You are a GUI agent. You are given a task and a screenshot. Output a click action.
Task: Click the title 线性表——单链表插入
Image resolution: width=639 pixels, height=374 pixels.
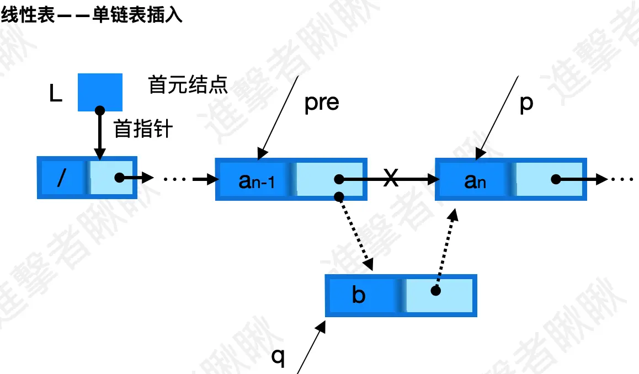point(92,16)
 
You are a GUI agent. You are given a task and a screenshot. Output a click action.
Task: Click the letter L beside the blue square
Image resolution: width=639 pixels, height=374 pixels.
point(55,95)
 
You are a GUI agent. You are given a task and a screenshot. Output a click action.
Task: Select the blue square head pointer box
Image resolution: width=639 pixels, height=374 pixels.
point(100,92)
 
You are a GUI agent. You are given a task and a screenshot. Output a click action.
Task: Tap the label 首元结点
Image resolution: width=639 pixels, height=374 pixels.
point(188,86)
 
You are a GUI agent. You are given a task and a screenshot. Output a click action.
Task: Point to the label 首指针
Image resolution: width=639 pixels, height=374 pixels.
point(143,130)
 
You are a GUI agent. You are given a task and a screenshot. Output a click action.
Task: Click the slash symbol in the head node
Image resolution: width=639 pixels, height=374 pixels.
point(62,179)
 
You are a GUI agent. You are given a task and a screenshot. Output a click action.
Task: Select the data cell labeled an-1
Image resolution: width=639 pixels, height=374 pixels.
point(256,179)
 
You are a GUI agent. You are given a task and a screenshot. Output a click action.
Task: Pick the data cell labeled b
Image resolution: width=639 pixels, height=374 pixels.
point(359,296)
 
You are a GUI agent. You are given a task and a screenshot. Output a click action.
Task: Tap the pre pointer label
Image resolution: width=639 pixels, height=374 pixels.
point(322,103)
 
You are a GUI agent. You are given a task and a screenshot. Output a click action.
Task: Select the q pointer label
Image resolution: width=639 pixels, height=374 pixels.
point(278,357)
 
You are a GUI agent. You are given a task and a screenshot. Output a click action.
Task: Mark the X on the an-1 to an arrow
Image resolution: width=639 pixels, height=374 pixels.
point(391,179)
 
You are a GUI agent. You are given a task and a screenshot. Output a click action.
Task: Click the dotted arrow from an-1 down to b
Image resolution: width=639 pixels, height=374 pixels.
point(355,232)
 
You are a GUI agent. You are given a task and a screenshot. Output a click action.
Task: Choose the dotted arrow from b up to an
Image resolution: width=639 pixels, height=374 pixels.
point(446,248)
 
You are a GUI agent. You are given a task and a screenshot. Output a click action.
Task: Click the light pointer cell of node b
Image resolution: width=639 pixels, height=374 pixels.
point(439,296)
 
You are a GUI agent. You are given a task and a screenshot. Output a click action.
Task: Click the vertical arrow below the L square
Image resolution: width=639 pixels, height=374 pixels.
point(100,132)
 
